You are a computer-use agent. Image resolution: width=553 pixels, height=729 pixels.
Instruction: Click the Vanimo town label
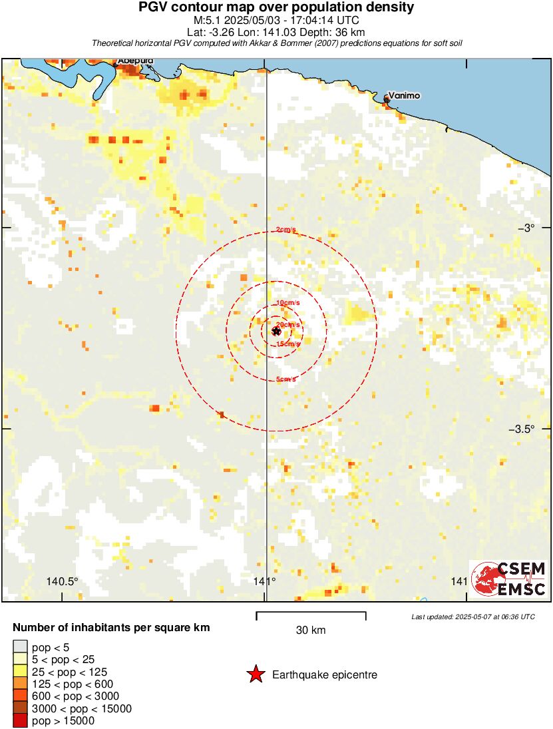404,96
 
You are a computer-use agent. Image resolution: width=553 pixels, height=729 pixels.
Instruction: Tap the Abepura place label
136,61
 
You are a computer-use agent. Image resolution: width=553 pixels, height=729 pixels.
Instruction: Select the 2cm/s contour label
286,230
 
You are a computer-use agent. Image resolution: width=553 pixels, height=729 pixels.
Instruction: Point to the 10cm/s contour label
287,303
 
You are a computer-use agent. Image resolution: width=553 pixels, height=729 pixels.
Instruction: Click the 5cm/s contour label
286,379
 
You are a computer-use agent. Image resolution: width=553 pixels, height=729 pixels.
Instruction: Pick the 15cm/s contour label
287,344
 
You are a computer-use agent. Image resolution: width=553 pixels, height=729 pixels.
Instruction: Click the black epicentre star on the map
276,331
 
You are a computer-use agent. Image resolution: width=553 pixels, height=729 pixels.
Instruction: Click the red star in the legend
255,675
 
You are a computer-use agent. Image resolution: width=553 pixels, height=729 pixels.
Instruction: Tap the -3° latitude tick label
528,228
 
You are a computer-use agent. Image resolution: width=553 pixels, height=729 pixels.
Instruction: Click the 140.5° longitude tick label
63,581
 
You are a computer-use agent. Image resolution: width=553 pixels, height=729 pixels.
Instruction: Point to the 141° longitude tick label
265,581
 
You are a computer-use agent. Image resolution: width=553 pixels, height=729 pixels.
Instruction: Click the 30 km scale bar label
311,630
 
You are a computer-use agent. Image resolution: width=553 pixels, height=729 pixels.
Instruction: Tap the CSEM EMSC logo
510,579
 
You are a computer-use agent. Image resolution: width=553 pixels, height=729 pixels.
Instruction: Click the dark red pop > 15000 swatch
20,720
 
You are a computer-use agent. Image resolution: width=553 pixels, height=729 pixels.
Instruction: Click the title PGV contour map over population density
276,7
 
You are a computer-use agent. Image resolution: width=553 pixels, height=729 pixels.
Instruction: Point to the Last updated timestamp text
472,616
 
